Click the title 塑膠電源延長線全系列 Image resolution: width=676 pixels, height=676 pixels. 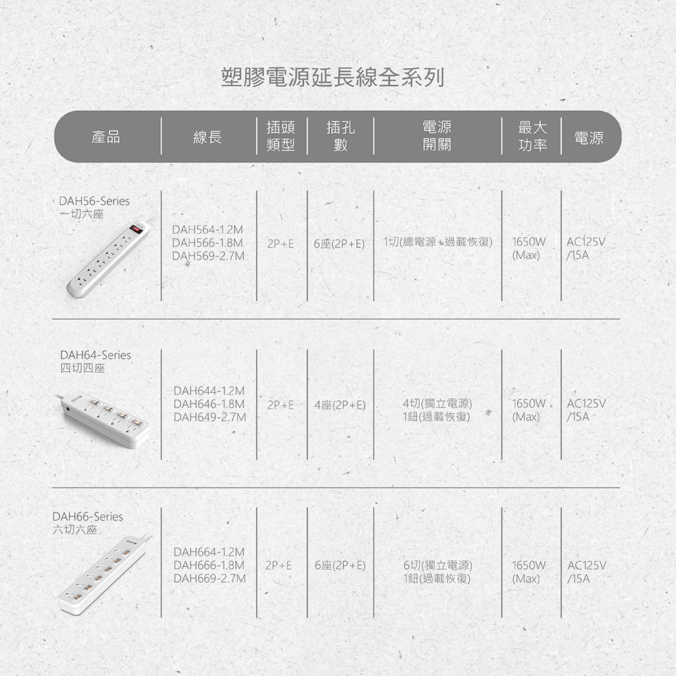(333, 78)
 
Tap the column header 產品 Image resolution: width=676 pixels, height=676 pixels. (105, 137)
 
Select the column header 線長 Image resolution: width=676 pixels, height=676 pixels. (208, 137)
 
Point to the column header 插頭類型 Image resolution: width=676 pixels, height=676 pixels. (281, 137)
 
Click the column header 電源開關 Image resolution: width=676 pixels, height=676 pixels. (437, 136)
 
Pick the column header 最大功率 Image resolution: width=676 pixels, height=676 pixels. (533, 137)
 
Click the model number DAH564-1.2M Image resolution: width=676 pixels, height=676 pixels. (208, 229)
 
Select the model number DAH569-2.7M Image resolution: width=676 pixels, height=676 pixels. (208, 256)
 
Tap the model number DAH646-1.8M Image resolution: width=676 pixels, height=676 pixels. (209, 404)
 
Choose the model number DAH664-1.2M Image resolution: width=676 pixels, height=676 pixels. (209, 552)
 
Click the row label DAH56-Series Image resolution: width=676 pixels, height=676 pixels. (95, 201)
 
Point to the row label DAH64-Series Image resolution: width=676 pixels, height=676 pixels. (95, 355)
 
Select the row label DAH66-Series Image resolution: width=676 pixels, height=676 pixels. (87, 516)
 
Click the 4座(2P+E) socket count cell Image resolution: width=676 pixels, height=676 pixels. (340, 405)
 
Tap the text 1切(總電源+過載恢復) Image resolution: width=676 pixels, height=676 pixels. (437, 242)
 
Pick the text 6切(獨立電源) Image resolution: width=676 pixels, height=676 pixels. (437, 565)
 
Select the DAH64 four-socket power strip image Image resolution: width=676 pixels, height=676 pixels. (103, 420)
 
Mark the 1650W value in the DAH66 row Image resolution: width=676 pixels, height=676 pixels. (529, 565)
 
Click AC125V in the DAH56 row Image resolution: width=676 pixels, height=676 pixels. (586, 242)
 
